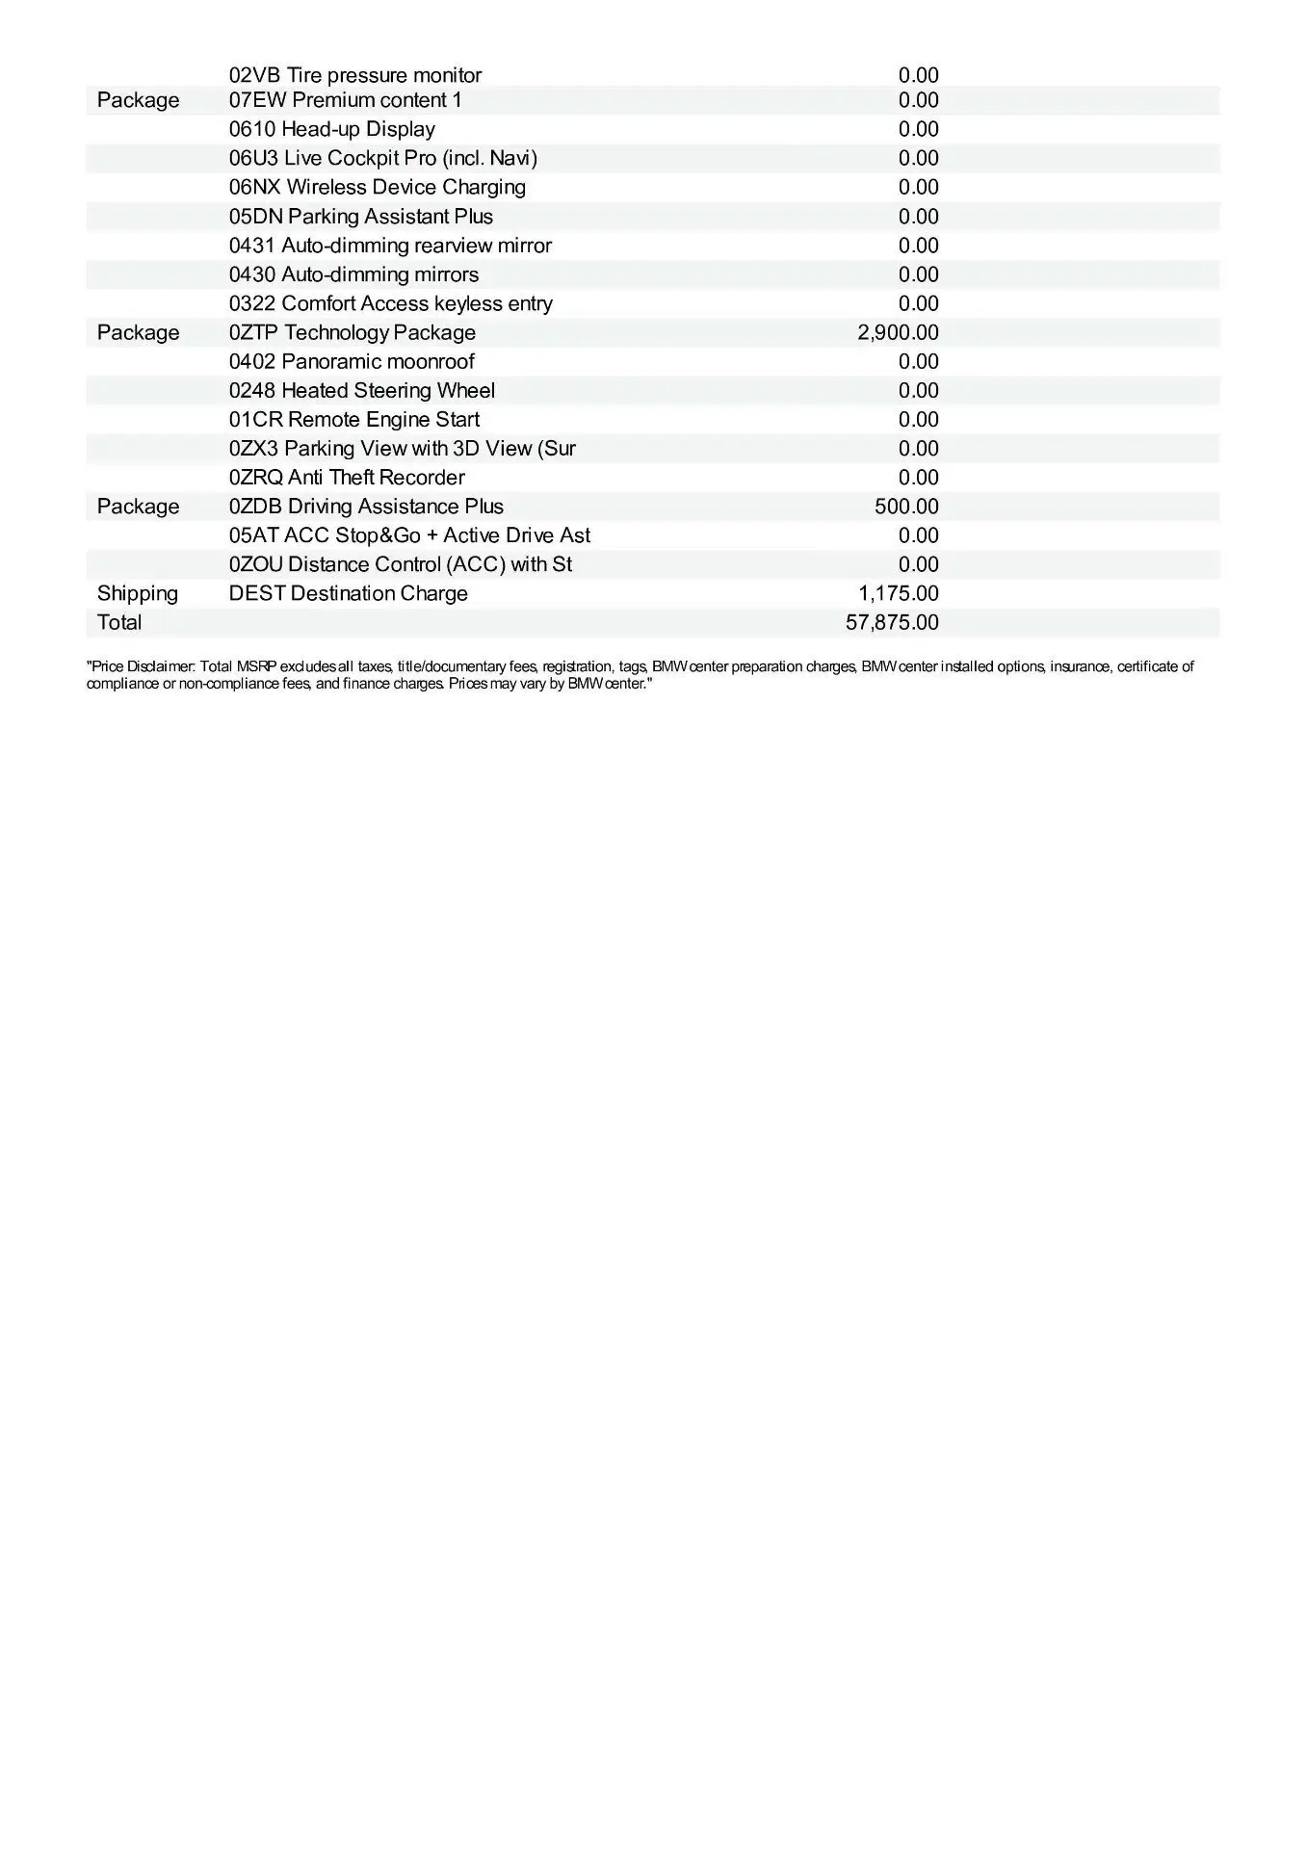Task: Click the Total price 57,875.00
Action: pyautogui.click(x=892, y=622)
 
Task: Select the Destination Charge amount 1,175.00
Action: pyautogui.click(x=899, y=593)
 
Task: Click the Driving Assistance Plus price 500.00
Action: pyautogui.click(x=906, y=507)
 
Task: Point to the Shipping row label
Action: pyautogui.click(x=138, y=593)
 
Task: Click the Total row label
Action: pyautogui.click(x=119, y=622)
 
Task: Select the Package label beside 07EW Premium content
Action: pyautogui.click(x=138, y=100)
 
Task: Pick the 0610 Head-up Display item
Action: pyautogui.click(x=332, y=129)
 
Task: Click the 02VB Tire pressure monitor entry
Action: pyautogui.click(x=355, y=75)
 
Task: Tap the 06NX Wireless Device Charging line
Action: pyautogui.click(x=378, y=187)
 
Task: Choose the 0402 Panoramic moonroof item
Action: pyautogui.click(x=352, y=361)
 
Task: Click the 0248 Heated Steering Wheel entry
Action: pyautogui.click(x=362, y=390)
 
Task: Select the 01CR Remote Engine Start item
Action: pyautogui.click(x=354, y=419)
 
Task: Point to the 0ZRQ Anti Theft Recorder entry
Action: pyautogui.click(x=347, y=478)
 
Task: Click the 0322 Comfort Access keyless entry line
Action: pyautogui.click(x=391, y=303)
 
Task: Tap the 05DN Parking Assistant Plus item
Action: pyautogui.click(x=361, y=217)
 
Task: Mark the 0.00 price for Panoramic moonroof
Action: pyautogui.click(x=918, y=361)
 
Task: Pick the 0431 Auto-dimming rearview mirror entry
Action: pyautogui.click(x=390, y=246)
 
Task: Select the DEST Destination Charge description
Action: pyautogui.click(x=349, y=593)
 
